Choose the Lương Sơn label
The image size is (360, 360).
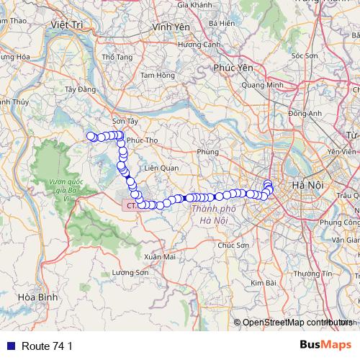click(130, 273)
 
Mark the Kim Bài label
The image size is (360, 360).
click(265, 283)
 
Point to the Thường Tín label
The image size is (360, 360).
click(318, 274)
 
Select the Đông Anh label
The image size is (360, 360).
click(305, 113)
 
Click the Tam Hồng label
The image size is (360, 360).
click(158, 75)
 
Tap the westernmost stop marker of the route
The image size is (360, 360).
click(91, 136)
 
